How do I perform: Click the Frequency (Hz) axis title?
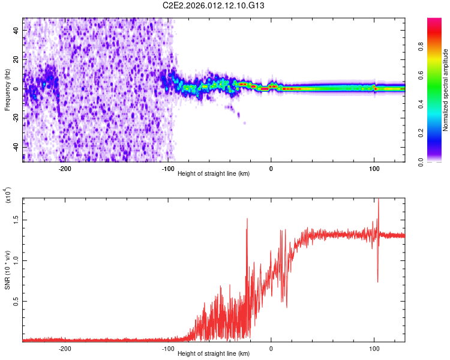[x=7, y=89]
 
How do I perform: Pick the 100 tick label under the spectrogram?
[x=374, y=168]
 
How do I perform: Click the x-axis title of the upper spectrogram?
[x=214, y=174]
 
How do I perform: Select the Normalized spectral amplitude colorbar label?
[x=446, y=89]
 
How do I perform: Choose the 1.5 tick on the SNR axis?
[x=17, y=220]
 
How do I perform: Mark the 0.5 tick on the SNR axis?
[x=17, y=301]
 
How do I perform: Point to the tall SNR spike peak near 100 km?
[x=378, y=200]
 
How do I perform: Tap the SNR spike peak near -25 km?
[x=247, y=219]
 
